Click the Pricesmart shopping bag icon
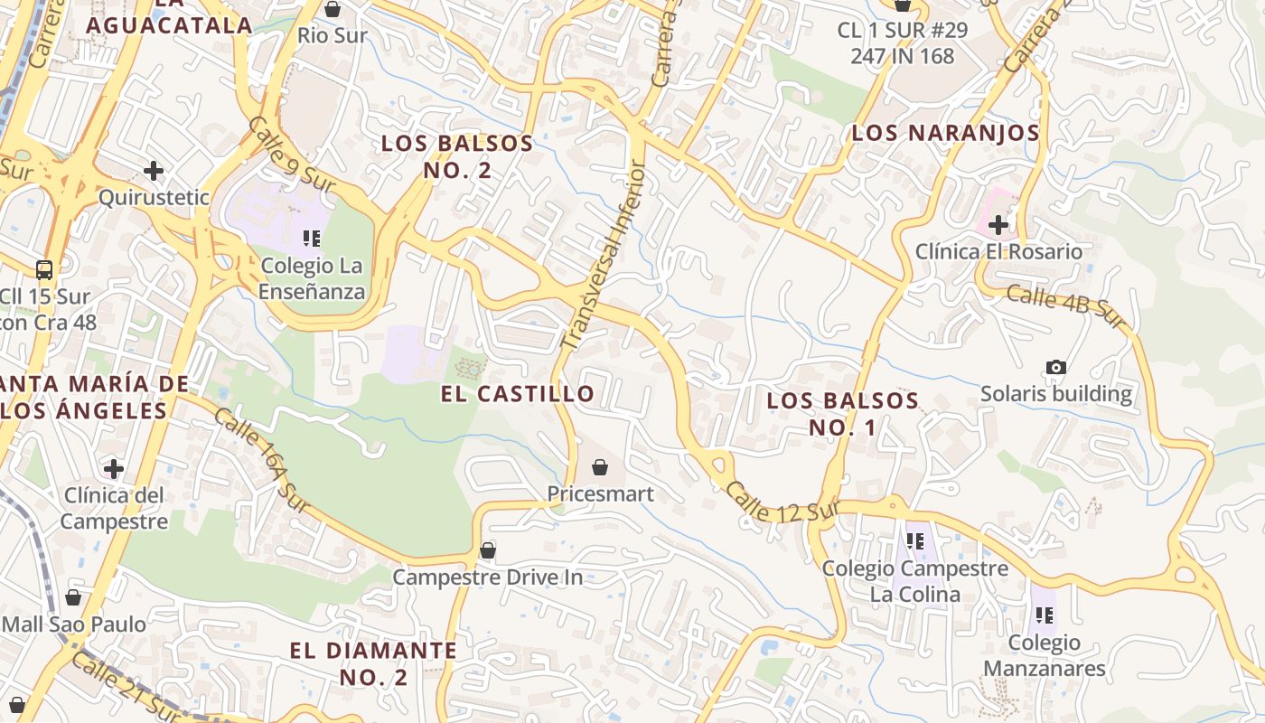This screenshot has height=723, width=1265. pyautogui.click(x=599, y=467)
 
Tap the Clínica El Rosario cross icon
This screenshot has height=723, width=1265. pyautogui.click(x=998, y=224)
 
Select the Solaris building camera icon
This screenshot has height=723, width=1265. pyautogui.click(x=1055, y=367)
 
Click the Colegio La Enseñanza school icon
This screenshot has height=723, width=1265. pyautogui.click(x=312, y=239)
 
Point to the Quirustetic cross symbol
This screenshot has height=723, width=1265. pyautogui.click(x=154, y=170)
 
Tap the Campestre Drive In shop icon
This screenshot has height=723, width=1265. pyautogui.click(x=488, y=549)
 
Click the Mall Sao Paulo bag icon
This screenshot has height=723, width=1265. pyautogui.click(x=73, y=597)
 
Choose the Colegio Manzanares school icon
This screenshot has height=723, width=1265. pyautogui.click(x=1045, y=615)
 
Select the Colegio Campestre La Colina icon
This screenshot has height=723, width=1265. pyautogui.click(x=914, y=541)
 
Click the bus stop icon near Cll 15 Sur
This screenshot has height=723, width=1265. pyautogui.click(x=43, y=269)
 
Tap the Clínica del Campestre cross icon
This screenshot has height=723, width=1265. pyautogui.click(x=114, y=468)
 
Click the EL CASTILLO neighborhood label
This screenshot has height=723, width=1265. pyautogui.click(x=518, y=393)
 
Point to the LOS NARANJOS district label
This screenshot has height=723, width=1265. pyautogui.click(x=945, y=133)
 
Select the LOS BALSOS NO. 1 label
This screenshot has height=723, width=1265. pyautogui.click(x=842, y=413)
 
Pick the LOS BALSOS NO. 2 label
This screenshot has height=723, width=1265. pyautogui.click(x=457, y=155)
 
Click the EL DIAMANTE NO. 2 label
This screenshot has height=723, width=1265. pyautogui.click(x=373, y=662)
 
